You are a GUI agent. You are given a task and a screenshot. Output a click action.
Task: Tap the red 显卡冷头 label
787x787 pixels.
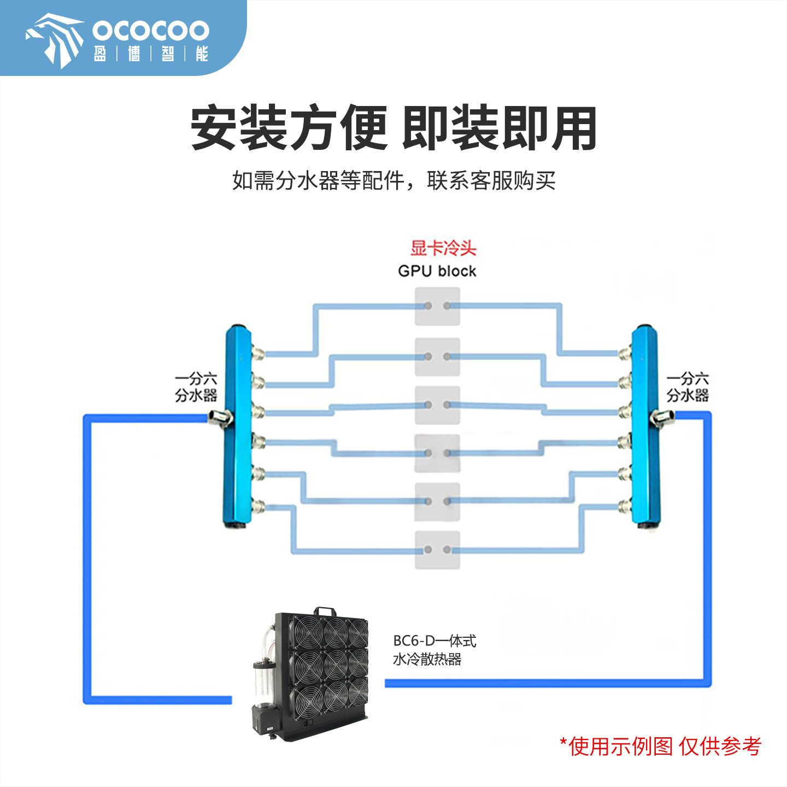tap(443, 248)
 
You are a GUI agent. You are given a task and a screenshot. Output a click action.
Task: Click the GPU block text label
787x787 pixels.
tap(437, 271)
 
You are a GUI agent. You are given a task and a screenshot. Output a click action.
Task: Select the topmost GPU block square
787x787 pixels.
tap(437, 307)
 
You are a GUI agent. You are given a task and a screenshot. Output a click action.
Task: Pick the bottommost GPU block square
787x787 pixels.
tap(437, 550)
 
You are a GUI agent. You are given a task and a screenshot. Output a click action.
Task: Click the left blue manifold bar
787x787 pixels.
tap(238, 426)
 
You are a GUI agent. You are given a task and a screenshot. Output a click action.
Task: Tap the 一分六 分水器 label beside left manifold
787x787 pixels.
tap(196, 387)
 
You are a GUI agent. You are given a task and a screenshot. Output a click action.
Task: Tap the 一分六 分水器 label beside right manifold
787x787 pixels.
tap(688, 387)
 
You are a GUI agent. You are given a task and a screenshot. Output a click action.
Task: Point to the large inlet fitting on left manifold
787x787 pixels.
tap(221, 418)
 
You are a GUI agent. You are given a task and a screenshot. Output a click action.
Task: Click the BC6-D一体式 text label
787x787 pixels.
tap(434, 641)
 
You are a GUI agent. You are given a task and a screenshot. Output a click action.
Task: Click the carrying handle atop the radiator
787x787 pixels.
tap(324, 610)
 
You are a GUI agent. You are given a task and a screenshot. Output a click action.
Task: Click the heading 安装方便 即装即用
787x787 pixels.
tap(393, 129)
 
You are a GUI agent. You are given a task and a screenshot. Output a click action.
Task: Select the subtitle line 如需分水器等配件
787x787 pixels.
tap(393, 180)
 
